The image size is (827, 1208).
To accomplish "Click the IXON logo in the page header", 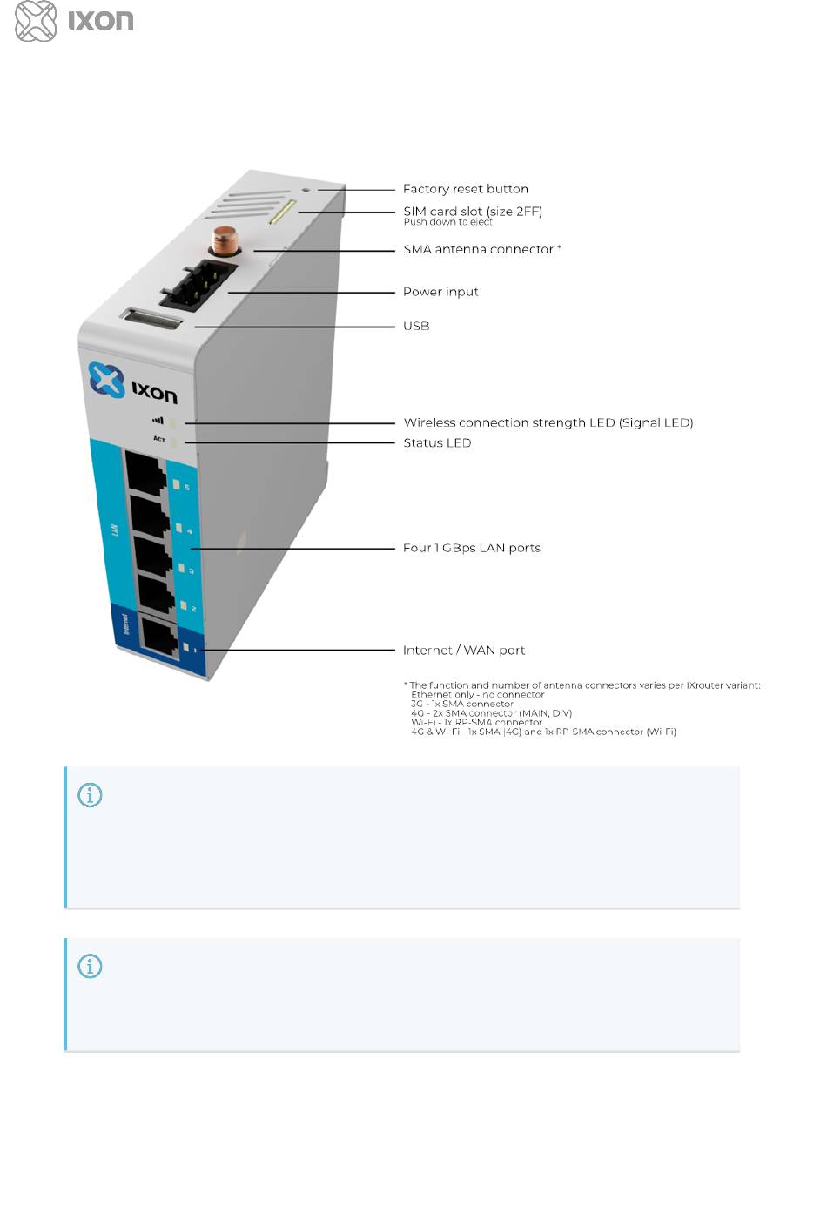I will (x=74, y=21).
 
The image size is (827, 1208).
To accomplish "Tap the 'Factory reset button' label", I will (x=465, y=189).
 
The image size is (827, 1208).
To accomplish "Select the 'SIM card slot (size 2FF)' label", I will (x=472, y=211).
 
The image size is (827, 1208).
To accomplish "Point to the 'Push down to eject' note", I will (x=447, y=222).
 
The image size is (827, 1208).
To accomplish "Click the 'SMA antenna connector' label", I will (x=481, y=249).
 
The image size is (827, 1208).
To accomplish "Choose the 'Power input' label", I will (x=440, y=292).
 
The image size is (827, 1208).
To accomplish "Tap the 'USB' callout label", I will (x=416, y=326).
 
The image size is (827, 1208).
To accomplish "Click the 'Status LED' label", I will (x=437, y=442).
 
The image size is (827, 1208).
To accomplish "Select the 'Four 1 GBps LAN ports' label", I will (x=471, y=548).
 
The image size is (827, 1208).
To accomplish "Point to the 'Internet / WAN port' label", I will (x=463, y=651).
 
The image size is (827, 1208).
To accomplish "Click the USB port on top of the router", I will (x=153, y=320).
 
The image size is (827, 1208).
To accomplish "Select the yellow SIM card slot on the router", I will (x=283, y=211).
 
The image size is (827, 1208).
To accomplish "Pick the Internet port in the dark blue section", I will (x=158, y=637).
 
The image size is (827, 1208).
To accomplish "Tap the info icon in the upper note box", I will (x=90, y=795).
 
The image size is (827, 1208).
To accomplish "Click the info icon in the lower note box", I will (x=90, y=966).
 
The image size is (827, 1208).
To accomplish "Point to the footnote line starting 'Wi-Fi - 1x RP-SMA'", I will (x=476, y=722).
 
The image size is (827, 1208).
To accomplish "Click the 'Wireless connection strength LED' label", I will (x=548, y=422).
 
